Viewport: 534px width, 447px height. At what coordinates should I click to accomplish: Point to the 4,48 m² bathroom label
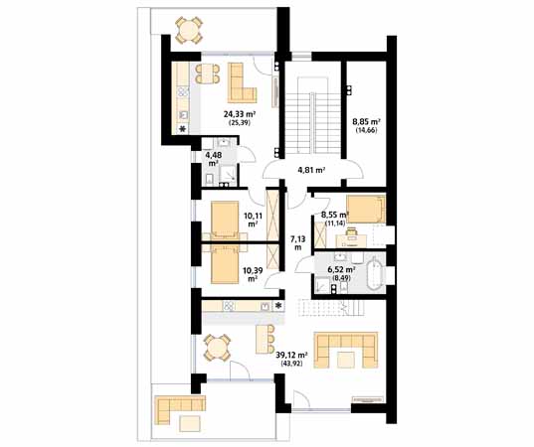tap(213, 159)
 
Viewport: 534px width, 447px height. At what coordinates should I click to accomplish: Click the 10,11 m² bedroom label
tap(251, 220)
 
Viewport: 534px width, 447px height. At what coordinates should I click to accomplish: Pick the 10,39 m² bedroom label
tap(251, 274)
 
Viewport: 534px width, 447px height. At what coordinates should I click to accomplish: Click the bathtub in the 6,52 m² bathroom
tap(375, 273)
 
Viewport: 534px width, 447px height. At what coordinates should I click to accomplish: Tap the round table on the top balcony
tap(189, 30)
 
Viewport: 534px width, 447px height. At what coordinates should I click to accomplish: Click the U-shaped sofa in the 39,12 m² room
tap(346, 350)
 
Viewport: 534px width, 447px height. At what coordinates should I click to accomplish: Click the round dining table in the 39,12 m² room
tap(217, 347)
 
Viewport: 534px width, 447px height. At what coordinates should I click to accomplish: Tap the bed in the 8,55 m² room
tap(366, 209)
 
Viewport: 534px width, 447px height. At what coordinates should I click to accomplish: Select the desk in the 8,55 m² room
tap(351, 240)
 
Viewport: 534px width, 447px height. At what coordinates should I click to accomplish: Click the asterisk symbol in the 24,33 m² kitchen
tap(183, 128)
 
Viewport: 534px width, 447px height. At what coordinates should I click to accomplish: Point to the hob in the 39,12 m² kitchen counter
tap(228, 306)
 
